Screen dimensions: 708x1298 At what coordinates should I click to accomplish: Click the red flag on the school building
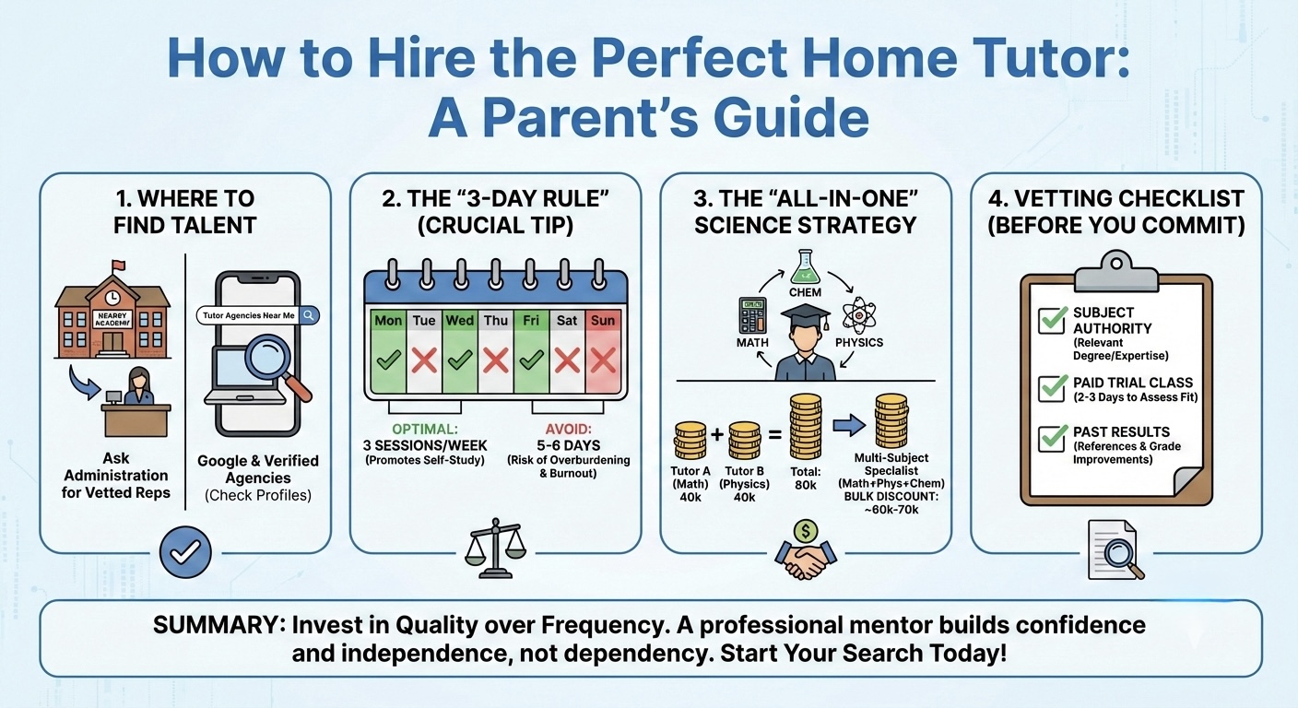click(117, 265)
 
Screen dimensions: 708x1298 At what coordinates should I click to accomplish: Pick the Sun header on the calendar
click(603, 321)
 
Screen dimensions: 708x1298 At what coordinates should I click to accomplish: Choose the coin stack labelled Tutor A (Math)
click(690, 440)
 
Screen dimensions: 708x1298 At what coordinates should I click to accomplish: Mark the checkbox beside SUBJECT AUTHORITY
click(1051, 320)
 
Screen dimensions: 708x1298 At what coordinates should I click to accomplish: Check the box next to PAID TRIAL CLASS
click(1051, 388)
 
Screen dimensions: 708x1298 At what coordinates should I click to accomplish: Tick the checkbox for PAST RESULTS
click(1051, 437)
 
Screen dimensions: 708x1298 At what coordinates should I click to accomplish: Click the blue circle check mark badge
click(185, 552)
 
